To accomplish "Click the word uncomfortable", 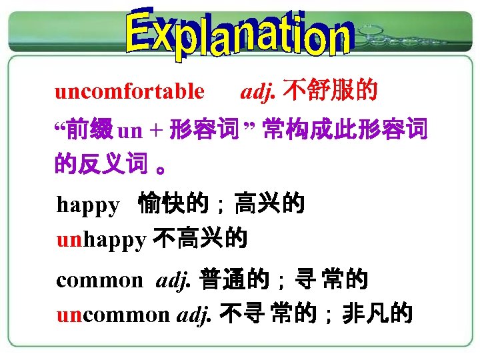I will click(x=129, y=91).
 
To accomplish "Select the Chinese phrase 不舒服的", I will click(x=330, y=90).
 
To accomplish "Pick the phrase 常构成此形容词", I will click(x=345, y=129).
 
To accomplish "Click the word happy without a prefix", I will click(x=87, y=205).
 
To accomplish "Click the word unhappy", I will click(x=101, y=239).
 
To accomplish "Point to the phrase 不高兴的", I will click(x=200, y=238).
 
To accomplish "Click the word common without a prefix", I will click(x=99, y=280).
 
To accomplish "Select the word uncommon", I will click(x=113, y=313).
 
